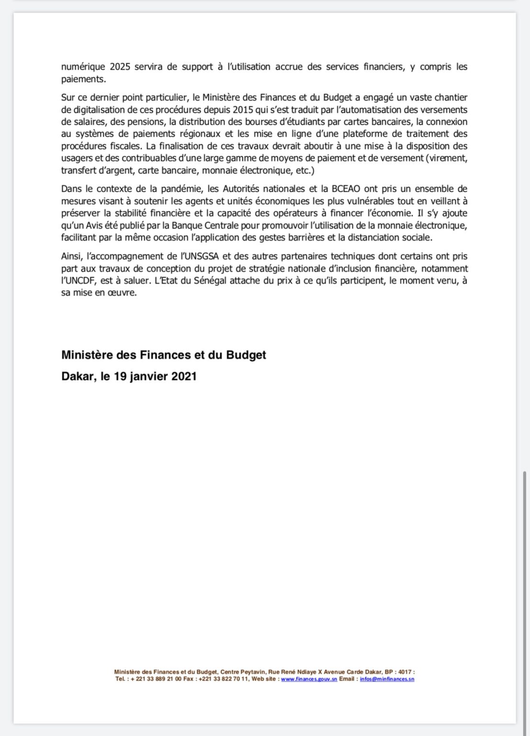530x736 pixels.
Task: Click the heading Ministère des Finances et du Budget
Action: [x=163, y=355]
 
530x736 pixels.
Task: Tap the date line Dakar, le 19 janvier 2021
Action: [x=129, y=377]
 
